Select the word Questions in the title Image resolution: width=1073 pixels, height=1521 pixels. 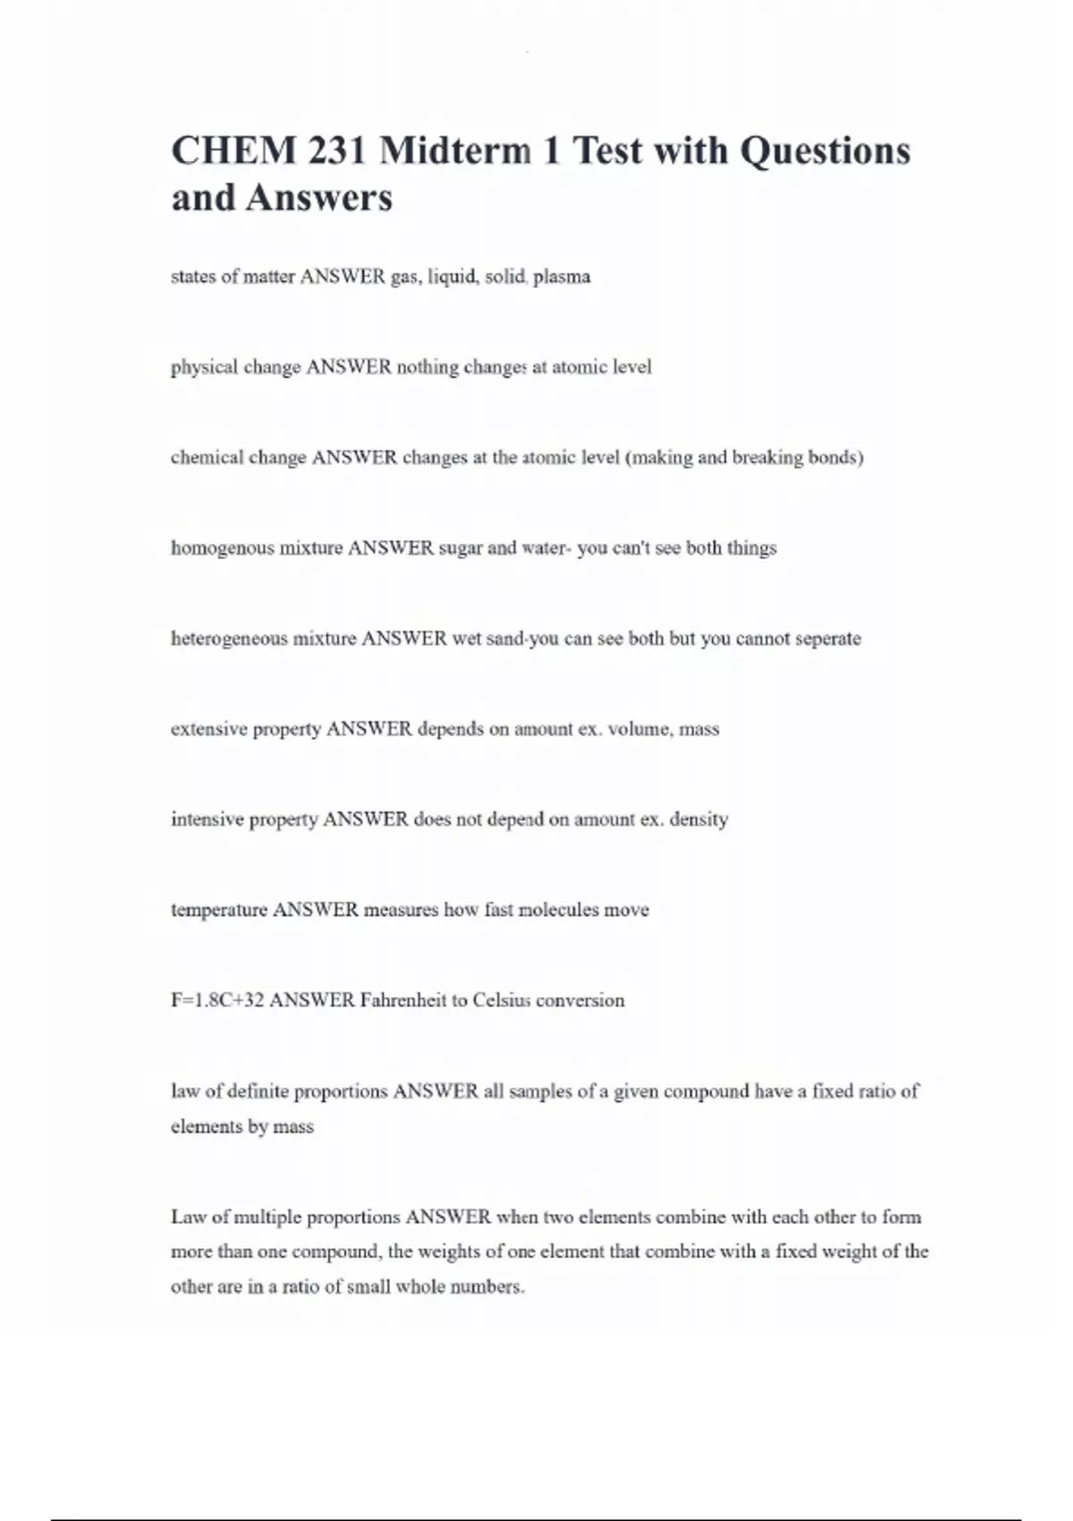[824, 150]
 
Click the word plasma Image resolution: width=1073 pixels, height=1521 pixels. [562, 276]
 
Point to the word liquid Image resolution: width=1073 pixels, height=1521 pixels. [452, 276]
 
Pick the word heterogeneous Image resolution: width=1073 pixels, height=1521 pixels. [229, 639]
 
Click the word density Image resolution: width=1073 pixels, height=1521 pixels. [698, 820]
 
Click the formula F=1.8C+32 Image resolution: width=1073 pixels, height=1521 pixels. [217, 1000]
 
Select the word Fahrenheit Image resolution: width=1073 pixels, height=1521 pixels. [403, 1000]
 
